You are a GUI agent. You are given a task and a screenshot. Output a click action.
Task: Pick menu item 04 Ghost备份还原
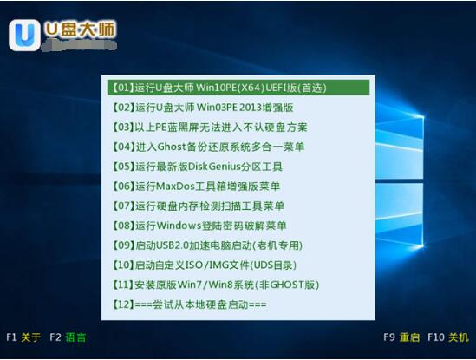(x=209, y=147)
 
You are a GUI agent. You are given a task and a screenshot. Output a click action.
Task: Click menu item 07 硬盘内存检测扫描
(x=199, y=206)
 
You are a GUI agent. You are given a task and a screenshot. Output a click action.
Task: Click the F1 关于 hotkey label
(x=23, y=336)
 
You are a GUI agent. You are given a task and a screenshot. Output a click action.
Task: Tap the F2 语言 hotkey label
(x=68, y=336)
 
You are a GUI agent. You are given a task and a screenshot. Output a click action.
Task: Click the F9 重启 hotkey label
(x=401, y=336)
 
